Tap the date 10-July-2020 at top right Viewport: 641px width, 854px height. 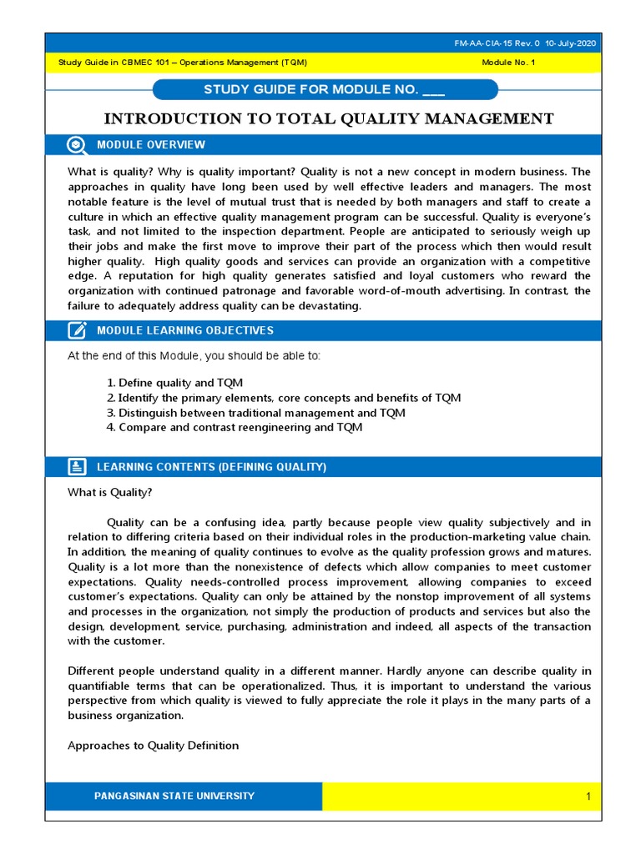(571, 43)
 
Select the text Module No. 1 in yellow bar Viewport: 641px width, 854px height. (509, 63)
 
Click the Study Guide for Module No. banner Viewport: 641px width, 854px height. (325, 90)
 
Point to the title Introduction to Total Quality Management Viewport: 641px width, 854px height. (327, 118)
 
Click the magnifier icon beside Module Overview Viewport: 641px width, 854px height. (76, 145)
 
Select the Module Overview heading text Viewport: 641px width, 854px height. (150, 145)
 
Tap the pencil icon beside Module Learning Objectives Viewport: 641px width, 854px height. (76, 330)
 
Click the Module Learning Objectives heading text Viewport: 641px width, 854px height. (184, 330)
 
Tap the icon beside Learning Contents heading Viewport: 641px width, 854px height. (76, 467)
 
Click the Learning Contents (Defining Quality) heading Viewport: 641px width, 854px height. (211, 467)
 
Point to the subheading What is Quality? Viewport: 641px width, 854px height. (109, 493)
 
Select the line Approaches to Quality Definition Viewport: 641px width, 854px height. (153, 746)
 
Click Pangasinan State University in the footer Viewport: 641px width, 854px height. (174, 796)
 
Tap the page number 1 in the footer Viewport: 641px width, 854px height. (588, 797)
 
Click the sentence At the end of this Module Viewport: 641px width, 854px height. (193, 356)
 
